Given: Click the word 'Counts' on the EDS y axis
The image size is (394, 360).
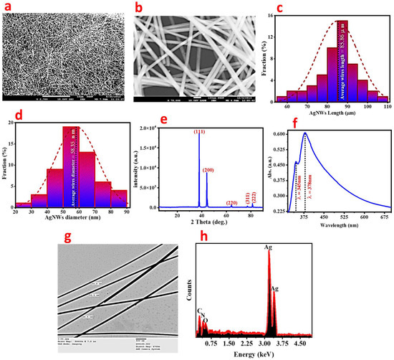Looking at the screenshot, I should [x=185, y=294].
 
